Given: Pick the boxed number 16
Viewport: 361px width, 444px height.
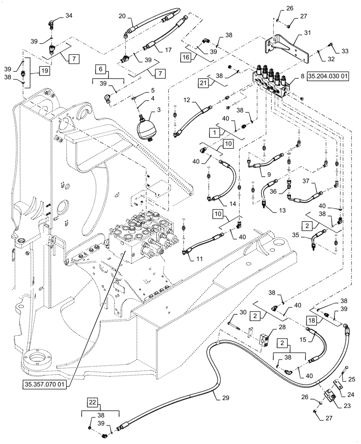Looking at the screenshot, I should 187,57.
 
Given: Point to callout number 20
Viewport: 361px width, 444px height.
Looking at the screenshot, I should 122,17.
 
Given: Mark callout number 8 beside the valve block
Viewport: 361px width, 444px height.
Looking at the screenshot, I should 302,76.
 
